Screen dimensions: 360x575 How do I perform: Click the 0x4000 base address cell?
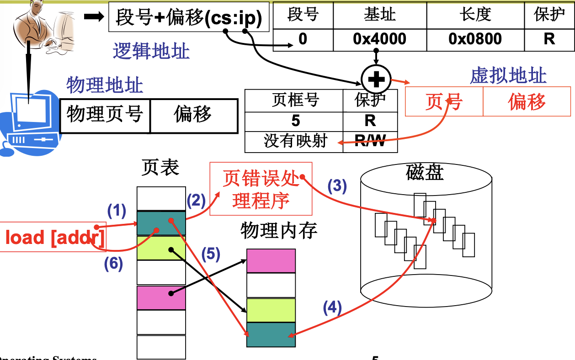[x=379, y=39]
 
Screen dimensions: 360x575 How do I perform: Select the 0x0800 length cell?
[x=475, y=39]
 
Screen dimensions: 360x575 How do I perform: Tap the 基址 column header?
[x=379, y=15]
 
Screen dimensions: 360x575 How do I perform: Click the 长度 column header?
[x=475, y=15]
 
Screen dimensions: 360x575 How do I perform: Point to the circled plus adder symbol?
[x=376, y=80]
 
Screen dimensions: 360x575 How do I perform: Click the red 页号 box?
[x=444, y=101]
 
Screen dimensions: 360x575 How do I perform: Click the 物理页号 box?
[x=105, y=114]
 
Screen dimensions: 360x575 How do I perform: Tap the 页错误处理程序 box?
[x=261, y=189]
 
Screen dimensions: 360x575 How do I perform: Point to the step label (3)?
[x=337, y=186]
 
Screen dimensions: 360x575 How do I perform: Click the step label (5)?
[x=211, y=254]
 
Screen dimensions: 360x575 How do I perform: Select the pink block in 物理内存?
[x=271, y=260]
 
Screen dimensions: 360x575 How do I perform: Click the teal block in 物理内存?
[x=271, y=334]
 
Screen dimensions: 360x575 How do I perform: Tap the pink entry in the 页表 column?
[x=161, y=297]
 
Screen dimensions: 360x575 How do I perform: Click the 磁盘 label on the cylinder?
[x=425, y=172]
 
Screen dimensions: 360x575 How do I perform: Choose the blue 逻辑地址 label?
[x=151, y=51]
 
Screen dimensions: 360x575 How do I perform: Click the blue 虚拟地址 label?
[x=508, y=75]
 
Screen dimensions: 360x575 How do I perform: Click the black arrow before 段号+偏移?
[x=95, y=16]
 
